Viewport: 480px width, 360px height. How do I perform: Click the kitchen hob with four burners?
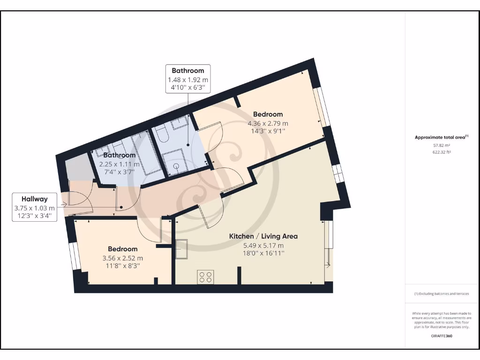206,277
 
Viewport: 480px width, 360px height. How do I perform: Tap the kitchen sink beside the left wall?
181,248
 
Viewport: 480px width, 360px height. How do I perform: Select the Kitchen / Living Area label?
263,236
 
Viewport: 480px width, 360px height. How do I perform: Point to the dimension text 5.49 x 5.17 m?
263,245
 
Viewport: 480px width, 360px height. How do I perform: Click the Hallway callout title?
34,199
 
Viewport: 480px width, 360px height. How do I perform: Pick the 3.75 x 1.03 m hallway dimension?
34,208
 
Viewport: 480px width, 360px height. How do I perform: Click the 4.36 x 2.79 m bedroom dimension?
268,123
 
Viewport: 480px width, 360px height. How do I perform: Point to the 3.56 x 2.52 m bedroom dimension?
123,258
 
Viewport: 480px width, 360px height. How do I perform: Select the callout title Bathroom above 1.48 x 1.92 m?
187,71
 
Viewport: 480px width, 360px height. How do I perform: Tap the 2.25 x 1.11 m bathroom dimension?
119,164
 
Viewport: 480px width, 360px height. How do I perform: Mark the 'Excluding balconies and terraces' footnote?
441,294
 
